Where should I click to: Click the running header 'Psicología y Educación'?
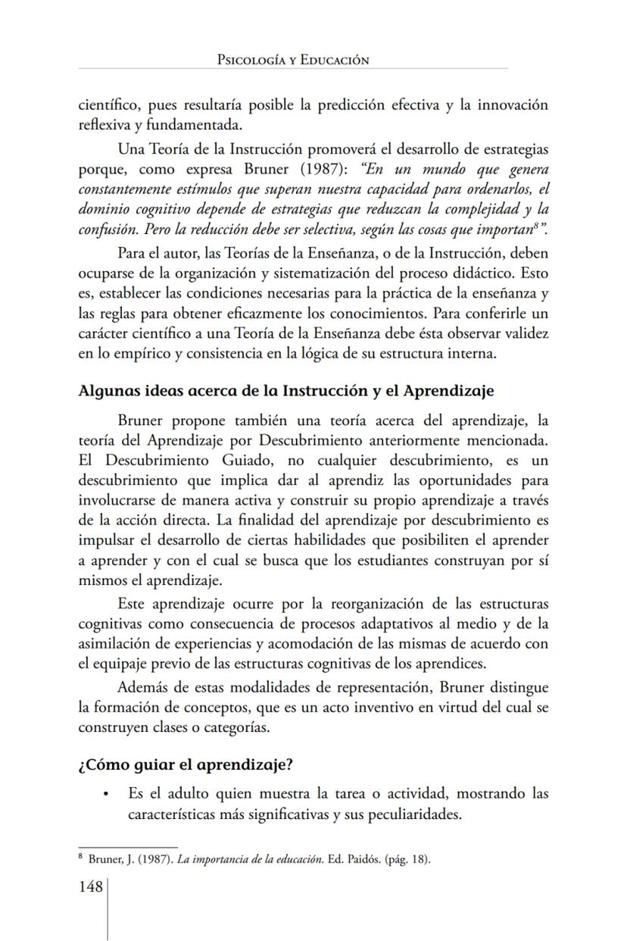293,59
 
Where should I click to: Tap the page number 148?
91,886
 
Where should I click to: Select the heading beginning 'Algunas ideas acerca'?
286,391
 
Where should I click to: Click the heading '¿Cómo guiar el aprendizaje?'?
186,764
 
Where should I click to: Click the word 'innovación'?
512,105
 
